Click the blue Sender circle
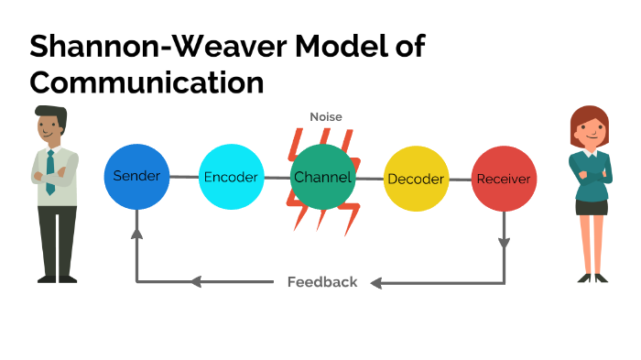[136, 176]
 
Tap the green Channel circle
[322, 177]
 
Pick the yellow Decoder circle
[415, 178]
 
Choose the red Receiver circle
[503, 178]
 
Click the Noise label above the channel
[325, 117]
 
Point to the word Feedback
[322, 282]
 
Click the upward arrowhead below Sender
[136, 234]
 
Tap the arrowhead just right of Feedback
[376, 282]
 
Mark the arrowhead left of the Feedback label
[195, 282]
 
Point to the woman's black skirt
[591, 207]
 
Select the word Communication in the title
[147, 82]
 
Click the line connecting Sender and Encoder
[184, 177]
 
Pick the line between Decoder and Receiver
[459, 178]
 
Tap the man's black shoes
[58, 278]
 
